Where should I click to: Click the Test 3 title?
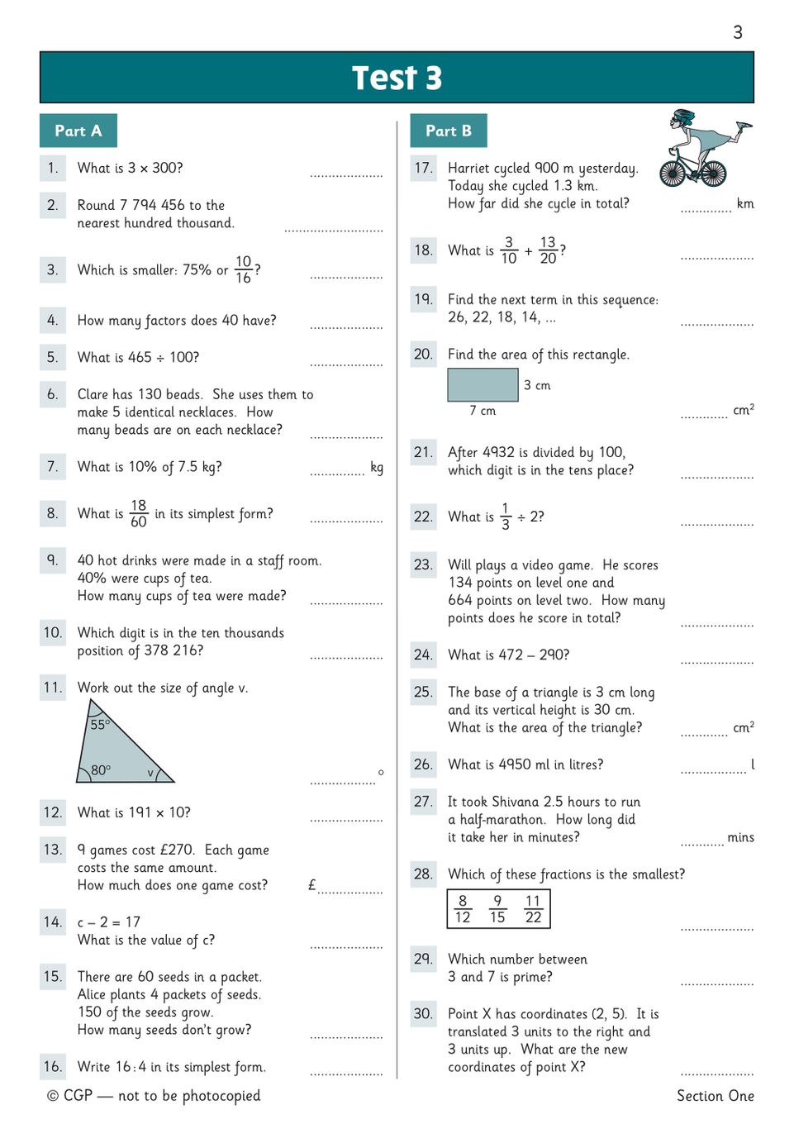[x=397, y=78]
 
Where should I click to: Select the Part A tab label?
[x=78, y=131]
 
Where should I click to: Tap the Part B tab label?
[x=449, y=131]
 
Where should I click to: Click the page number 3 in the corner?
[x=738, y=32]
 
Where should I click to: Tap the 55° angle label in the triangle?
[x=99, y=724]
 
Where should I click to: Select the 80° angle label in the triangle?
[x=101, y=769]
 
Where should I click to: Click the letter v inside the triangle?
[x=150, y=773]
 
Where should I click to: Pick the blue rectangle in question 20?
[x=483, y=385]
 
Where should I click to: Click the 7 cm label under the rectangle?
[x=483, y=411]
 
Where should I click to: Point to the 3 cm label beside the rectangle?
[x=537, y=385]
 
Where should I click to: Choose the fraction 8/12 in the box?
[x=463, y=909]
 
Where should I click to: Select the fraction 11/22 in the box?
[x=533, y=909]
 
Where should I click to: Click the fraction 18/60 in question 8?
[x=139, y=513]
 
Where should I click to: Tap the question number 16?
[x=53, y=1066]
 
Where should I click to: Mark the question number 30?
[x=423, y=1013]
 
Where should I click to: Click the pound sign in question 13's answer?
[x=311, y=885]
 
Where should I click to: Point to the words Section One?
[x=715, y=1096]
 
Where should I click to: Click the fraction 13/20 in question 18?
[x=548, y=250]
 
